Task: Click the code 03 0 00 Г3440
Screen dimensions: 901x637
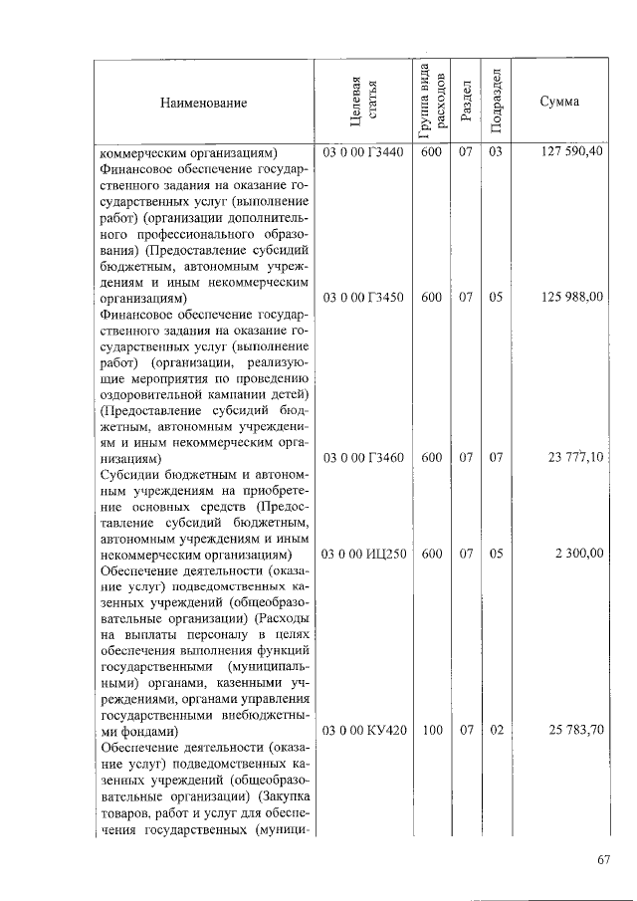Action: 364,152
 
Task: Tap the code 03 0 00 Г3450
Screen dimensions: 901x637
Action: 364,297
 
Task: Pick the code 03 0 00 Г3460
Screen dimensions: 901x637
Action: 364,458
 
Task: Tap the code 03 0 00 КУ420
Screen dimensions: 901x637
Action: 364,731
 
